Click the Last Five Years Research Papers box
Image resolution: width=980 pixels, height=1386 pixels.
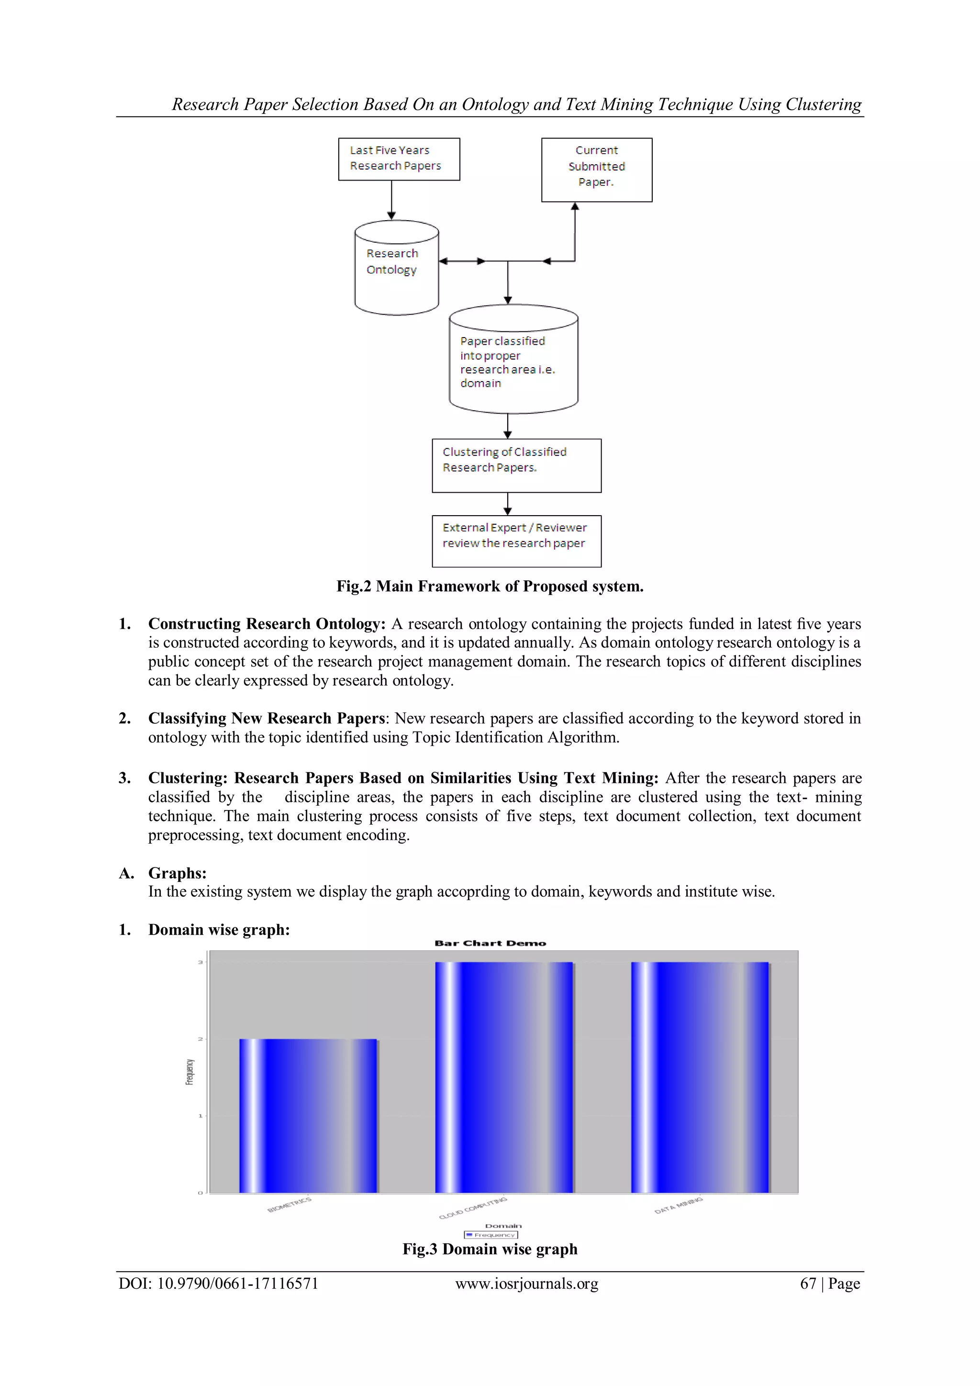399,159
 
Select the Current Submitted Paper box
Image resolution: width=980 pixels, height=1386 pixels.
596,169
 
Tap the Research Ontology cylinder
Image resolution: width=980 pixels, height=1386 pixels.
397,268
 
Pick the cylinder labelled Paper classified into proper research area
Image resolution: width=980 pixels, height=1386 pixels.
513,361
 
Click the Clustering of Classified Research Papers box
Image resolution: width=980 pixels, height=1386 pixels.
516,465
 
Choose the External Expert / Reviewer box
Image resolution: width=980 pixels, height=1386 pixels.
516,541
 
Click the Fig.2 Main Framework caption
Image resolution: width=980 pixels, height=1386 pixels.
490,586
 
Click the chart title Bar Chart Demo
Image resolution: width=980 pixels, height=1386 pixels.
490,943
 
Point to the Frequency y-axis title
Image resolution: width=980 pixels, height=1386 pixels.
189,1071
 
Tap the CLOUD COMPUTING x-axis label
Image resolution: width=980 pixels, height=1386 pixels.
473,1208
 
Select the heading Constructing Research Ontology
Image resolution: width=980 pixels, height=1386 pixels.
267,623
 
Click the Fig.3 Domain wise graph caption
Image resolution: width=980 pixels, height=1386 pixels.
490,1249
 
